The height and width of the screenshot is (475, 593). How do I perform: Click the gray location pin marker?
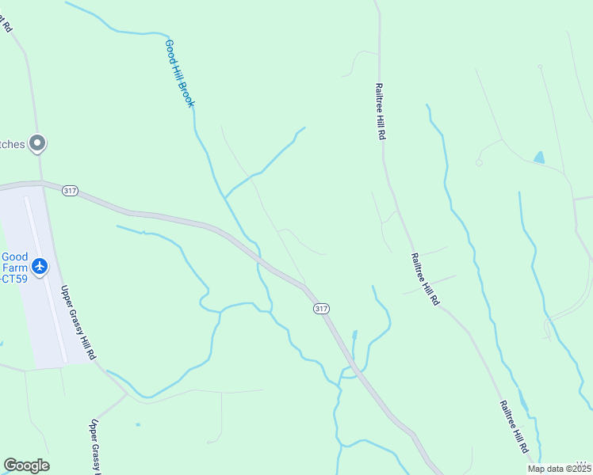coord(36,143)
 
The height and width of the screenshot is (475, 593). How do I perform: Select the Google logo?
coord(26,465)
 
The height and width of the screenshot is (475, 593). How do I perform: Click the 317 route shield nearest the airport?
coord(70,192)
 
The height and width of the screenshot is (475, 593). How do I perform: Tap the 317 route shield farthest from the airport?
coord(319,307)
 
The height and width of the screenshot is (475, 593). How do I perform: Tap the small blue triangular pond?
coord(539,157)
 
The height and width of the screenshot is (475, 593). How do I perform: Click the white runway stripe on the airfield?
coord(44,277)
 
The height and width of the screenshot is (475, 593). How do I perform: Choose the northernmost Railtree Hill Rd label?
coord(381,112)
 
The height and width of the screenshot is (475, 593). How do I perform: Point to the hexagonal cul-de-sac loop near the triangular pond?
coord(479,162)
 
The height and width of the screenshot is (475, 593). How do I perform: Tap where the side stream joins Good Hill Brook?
coord(225,198)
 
